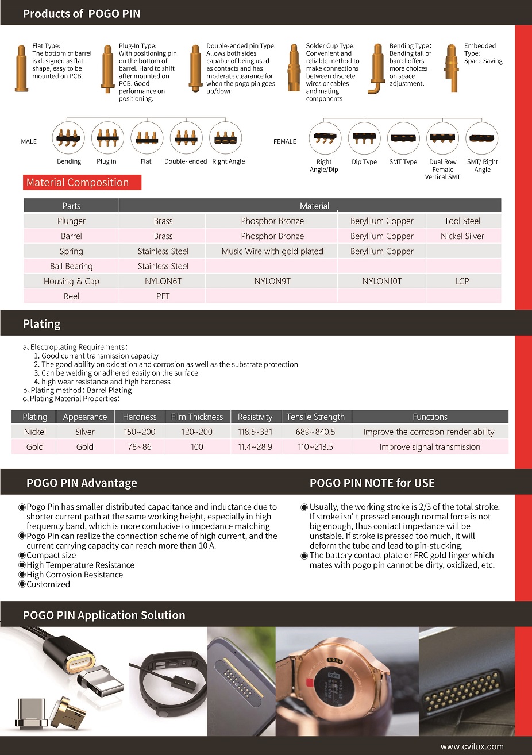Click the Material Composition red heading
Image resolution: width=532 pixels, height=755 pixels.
[78, 183]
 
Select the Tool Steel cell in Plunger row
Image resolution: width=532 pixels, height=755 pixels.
[462, 221]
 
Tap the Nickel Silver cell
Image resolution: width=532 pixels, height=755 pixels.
[462, 236]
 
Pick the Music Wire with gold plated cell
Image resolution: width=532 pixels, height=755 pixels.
[272, 251]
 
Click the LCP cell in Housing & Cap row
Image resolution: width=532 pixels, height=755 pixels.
[462, 281]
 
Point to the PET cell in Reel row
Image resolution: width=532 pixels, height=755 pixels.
[163, 296]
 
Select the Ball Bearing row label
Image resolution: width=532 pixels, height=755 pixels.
[71, 266]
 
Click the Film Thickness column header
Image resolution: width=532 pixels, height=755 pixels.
[197, 417]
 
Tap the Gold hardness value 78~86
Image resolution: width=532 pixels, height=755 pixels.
[140, 446]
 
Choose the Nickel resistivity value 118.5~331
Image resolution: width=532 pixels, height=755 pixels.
[255, 432]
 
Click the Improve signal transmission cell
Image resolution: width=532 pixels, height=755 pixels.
[430, 446]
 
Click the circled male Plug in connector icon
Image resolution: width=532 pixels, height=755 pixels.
[107, 138]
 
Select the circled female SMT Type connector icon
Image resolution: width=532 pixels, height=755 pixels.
[403, 138]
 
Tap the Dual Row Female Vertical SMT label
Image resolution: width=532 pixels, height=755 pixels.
[443, 170]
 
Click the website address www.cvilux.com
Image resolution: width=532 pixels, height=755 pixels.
[472, 746]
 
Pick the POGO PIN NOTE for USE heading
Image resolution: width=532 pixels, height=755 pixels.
[372, 483]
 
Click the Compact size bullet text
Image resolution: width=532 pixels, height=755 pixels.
[51, 556]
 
